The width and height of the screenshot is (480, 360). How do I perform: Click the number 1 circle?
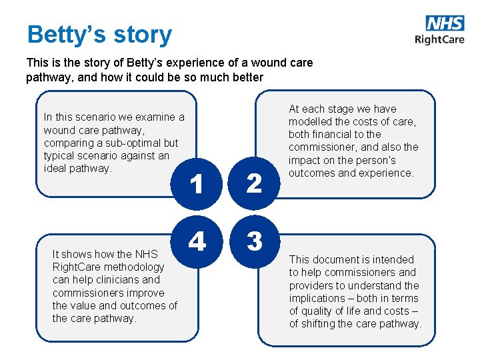pos(197,184)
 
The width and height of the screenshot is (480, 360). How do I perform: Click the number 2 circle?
pos(254,184)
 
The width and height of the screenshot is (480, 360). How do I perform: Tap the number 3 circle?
pos(254,241)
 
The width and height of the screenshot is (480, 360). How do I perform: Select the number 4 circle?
pos(197,241)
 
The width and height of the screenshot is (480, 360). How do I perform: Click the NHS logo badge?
pos(444,24)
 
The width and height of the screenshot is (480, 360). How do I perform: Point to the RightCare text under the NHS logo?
pos(439,39)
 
